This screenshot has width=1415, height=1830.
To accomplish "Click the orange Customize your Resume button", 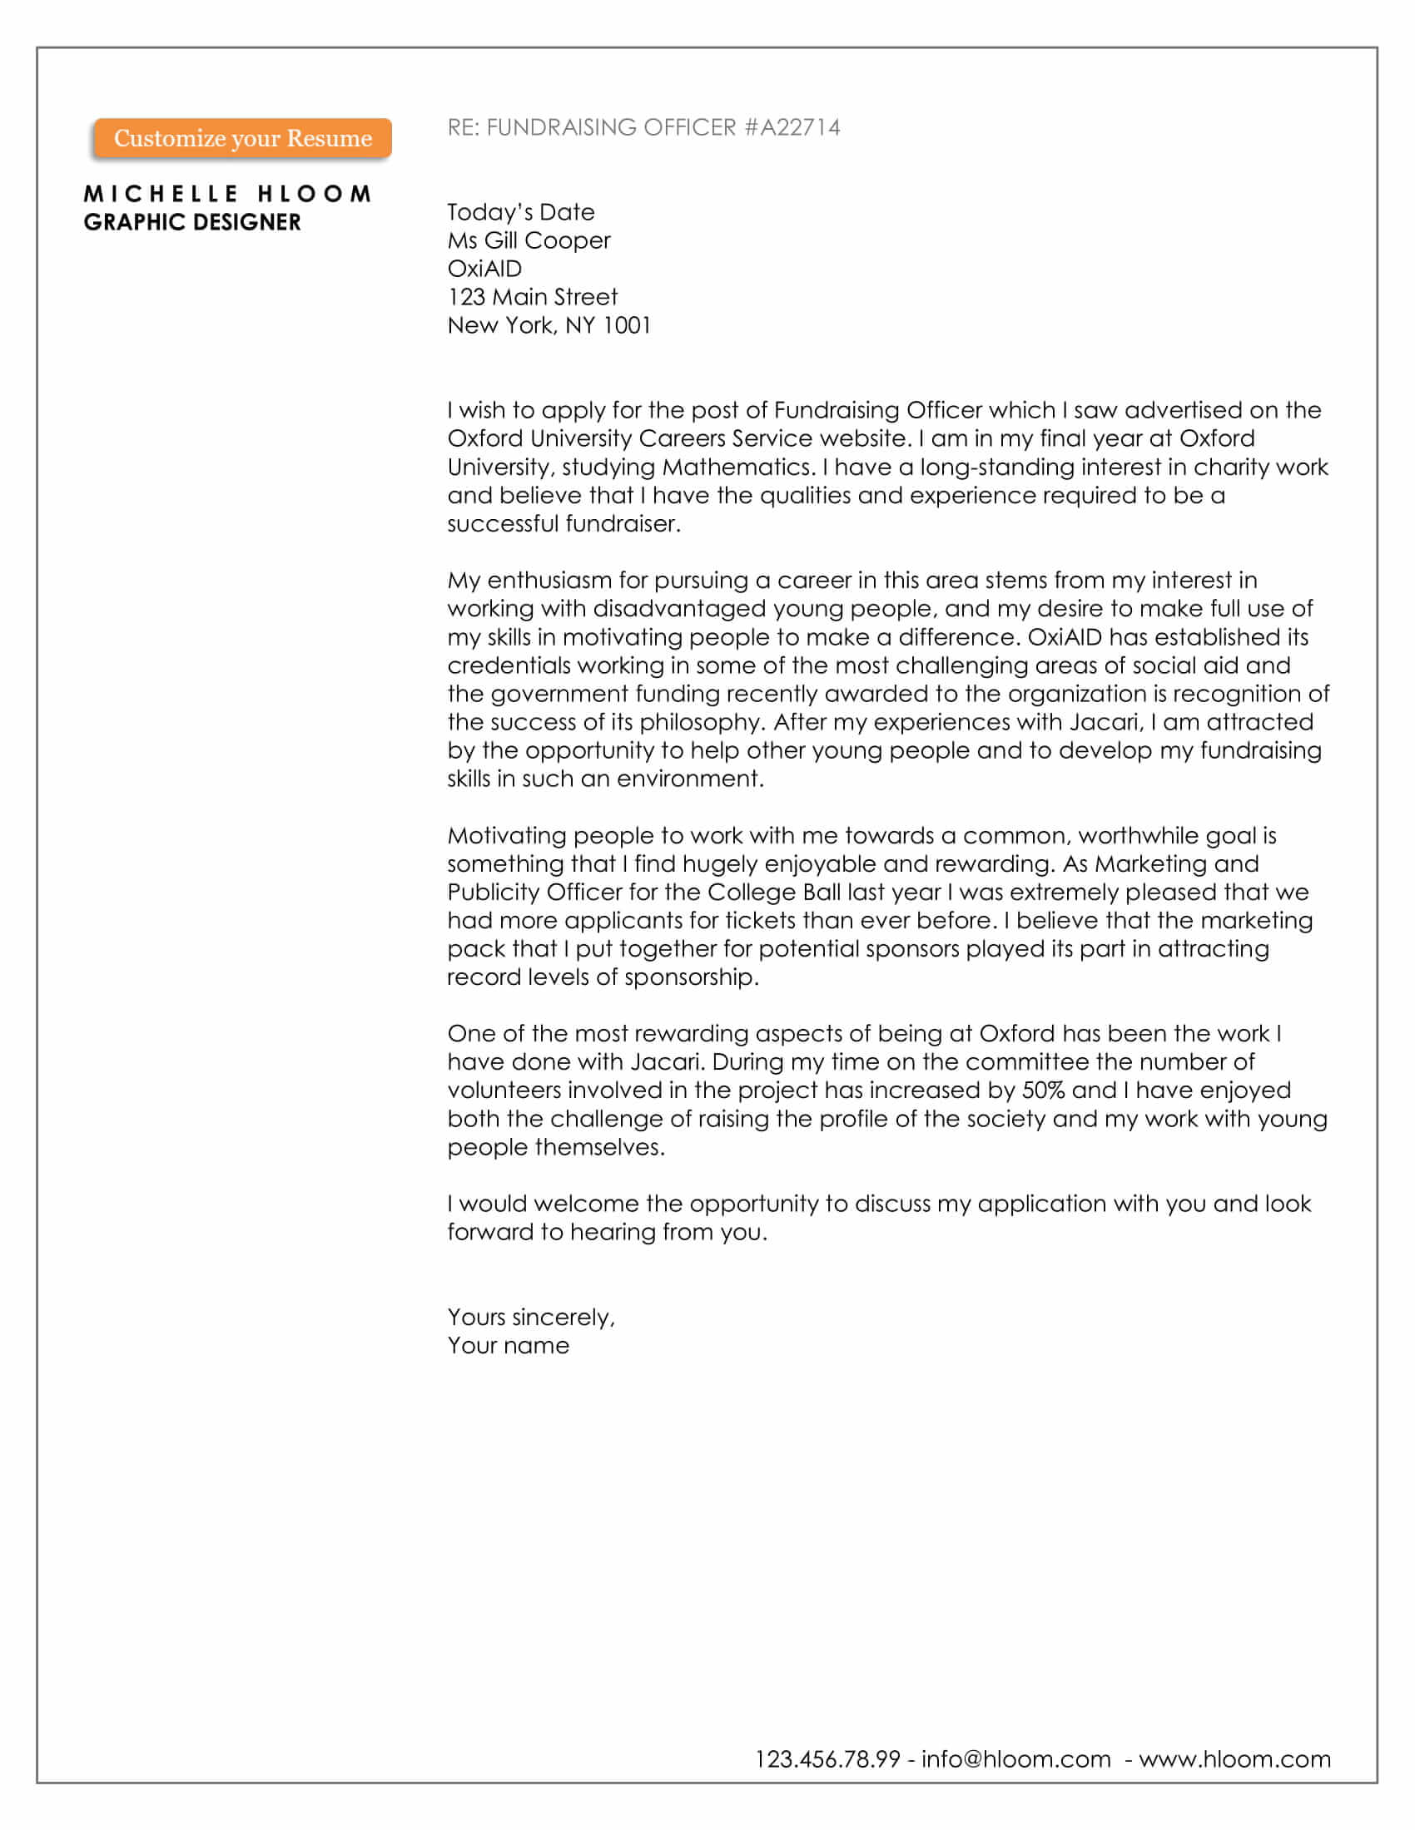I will pyautogui.click(x=242, y=138).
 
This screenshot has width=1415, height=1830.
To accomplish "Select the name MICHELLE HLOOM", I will pyautogui.click(x=227, y=194).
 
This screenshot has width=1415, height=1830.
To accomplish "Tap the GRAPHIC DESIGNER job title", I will pyautogui.click(x=192, y=222).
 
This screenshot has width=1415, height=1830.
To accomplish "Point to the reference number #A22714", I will pyautogui.click(x=792, y=127).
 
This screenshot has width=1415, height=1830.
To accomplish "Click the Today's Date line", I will pyautogui.click(x=520, y=212).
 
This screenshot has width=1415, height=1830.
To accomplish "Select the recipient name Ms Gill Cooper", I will pyautogui.click(x=529, y=240).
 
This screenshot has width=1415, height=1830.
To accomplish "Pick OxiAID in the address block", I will pyautogui.click(x=484, y=269).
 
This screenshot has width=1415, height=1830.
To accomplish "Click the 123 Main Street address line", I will pyautogui.click(x=533, y=297).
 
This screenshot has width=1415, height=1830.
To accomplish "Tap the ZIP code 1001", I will pyautogui.click(x=627, y=325).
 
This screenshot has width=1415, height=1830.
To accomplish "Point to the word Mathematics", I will pyautogui.click(x=737, y=467).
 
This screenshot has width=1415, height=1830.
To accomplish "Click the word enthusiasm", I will pyautogui.click(x=550, y=580).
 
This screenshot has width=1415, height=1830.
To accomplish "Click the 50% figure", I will pyautogui.click(x=1043, y=1091).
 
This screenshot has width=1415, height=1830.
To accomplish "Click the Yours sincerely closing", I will pyautogui.click(x=531, y=1318).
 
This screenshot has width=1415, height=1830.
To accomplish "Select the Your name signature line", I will pyautogui.click(x=508, y=1346).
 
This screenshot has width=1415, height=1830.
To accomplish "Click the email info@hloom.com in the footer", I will pyautogui.click(x=1016, y=1758).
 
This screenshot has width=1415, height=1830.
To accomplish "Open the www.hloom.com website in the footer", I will pyautogui.click(x=1234, y=1758).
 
